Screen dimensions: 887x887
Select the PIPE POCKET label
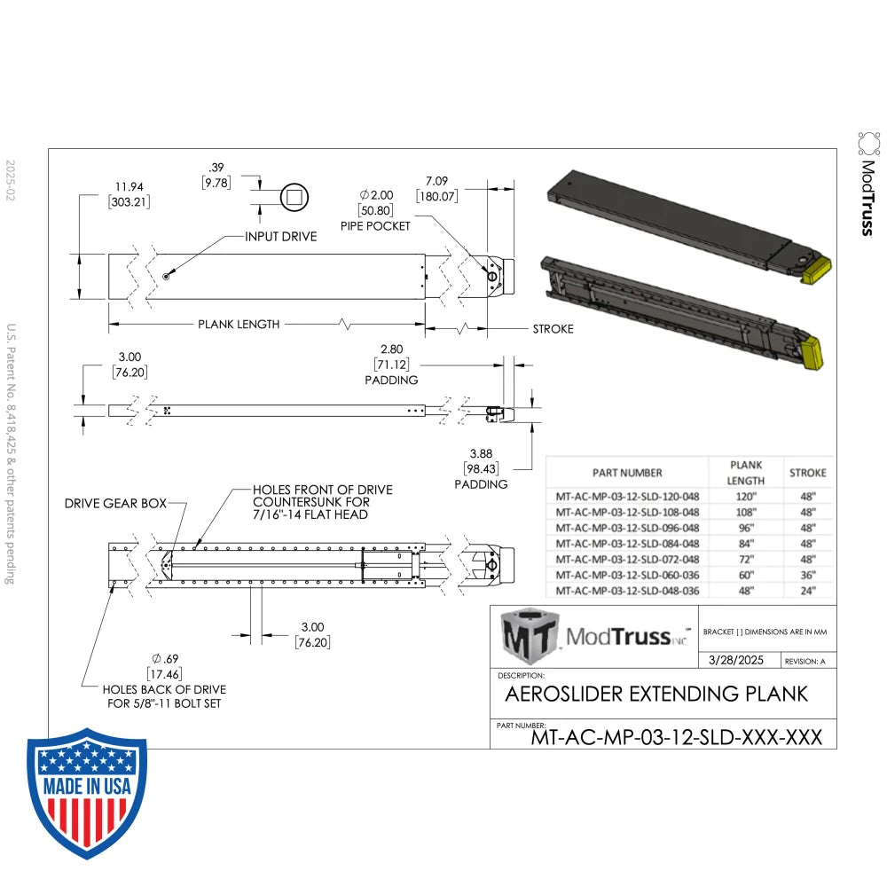tap(375, 226)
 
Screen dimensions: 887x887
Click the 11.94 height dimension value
tap(129, 187)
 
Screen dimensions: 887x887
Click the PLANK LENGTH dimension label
tap(238, 325)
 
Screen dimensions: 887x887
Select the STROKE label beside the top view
tap(553, 329)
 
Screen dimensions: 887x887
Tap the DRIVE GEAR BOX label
tap(115, 503)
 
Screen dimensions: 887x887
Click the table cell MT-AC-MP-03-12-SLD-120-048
tap(626, 496)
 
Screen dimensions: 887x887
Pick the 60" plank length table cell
tap(745, 574)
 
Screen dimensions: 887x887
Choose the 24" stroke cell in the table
tap(807, 590)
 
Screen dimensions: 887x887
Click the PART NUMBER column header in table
tap(626, 473)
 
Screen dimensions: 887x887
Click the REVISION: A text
tap(805, 662)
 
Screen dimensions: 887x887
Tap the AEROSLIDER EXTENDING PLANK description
tap(656, 693)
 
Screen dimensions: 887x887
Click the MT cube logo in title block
tap(529, 636)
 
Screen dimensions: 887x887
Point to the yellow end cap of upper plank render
tap(815, 269)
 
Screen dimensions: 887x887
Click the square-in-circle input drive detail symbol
tap(294, 197)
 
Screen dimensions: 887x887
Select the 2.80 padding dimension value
tap(391, 349)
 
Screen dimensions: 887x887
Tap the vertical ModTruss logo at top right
tap(868, 184)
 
